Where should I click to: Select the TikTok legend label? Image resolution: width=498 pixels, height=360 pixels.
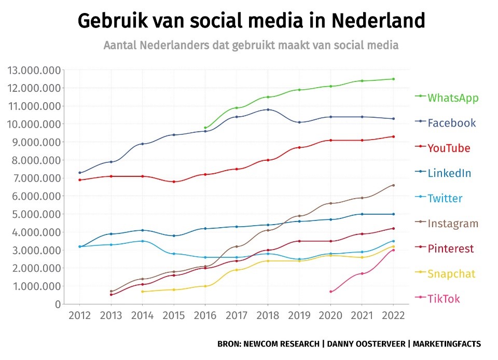click(444, 299)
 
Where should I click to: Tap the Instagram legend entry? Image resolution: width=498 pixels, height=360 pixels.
click(453, 224)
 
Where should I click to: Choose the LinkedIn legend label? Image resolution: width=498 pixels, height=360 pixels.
click(449, 173)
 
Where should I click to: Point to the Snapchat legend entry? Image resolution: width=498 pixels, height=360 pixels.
click(451, 274)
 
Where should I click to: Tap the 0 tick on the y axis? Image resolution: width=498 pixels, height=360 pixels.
click(57, 304)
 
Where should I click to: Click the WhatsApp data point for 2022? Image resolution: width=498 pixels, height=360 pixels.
click(393, 79)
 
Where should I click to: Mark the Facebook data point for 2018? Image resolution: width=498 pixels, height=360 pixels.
click(268, 109)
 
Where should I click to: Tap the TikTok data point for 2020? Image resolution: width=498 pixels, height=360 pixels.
click(330, 292)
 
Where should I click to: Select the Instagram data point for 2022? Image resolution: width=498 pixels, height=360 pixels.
click(393, 185)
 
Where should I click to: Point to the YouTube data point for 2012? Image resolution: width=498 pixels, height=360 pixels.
click(79, 180)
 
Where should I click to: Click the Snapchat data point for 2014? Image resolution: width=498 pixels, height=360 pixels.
click(142, 292)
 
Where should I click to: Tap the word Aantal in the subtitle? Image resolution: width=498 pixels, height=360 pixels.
click(120, 45)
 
